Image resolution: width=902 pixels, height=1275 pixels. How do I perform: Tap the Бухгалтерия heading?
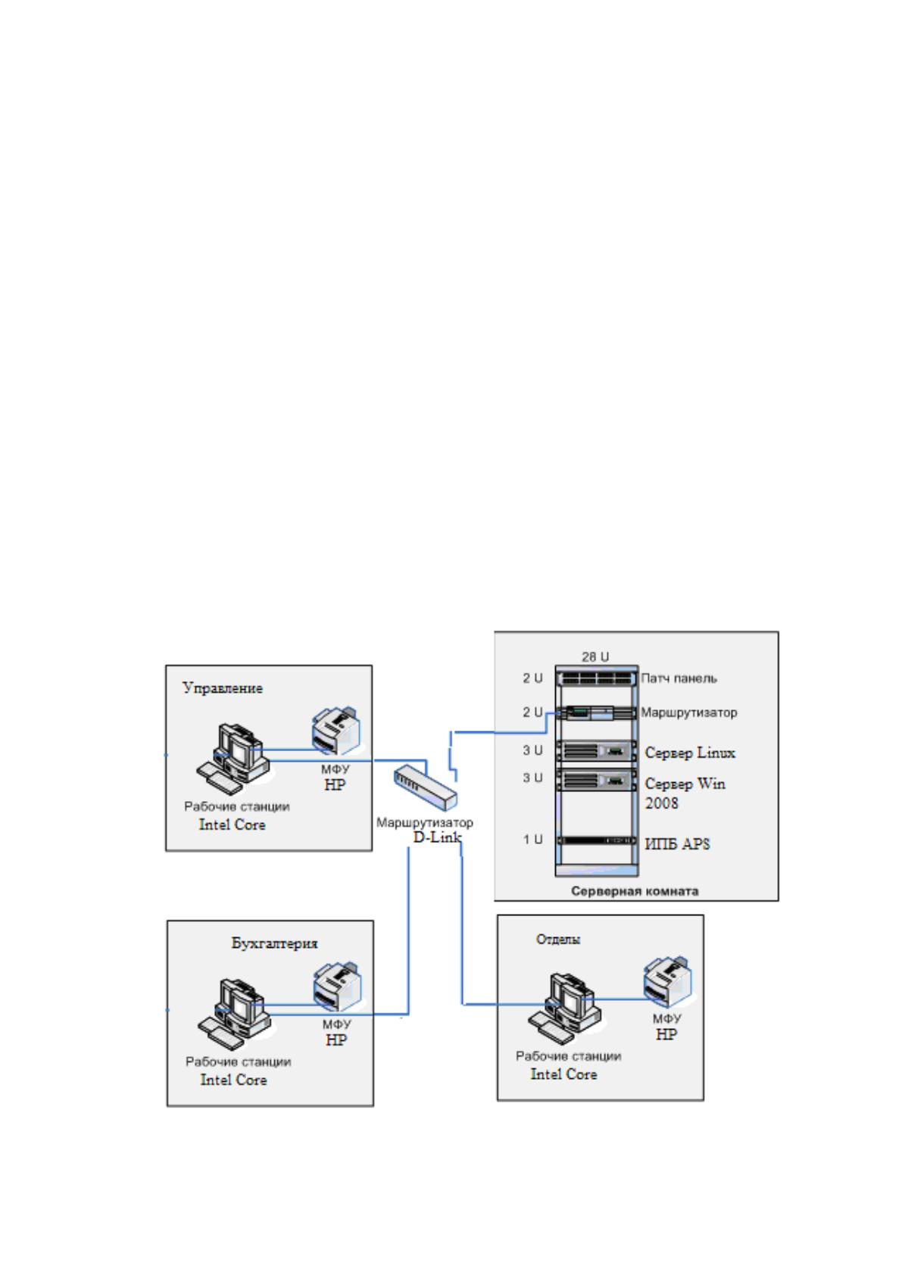tap(274, 943)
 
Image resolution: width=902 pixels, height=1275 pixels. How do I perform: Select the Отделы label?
tap(558, 939)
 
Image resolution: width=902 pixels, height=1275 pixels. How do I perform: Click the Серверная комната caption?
tap(635, 891)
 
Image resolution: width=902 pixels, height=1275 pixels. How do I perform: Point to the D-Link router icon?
tap(426, 787)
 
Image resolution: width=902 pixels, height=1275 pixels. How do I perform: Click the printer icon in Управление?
tap(336, 731)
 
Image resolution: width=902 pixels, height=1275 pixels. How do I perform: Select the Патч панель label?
tap(679, 678)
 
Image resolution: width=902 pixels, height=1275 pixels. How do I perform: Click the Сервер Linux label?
tap(690, 753)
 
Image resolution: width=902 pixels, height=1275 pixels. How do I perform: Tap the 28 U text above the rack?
tap(595, 657)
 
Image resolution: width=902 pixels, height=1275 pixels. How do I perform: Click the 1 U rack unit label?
tap(533, 839)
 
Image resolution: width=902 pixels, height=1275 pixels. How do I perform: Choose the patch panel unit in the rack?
tap(597, 678)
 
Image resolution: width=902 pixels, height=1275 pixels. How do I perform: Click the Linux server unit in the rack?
tap(597, 751)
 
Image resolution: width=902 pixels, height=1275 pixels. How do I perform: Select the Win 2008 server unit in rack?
tap(597, 780)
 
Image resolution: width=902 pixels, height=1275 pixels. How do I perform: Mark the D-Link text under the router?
tap(437, 837)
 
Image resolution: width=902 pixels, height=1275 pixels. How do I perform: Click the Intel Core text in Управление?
tap(233, 825)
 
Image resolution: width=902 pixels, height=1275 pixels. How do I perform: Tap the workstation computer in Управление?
tap(233, 759)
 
